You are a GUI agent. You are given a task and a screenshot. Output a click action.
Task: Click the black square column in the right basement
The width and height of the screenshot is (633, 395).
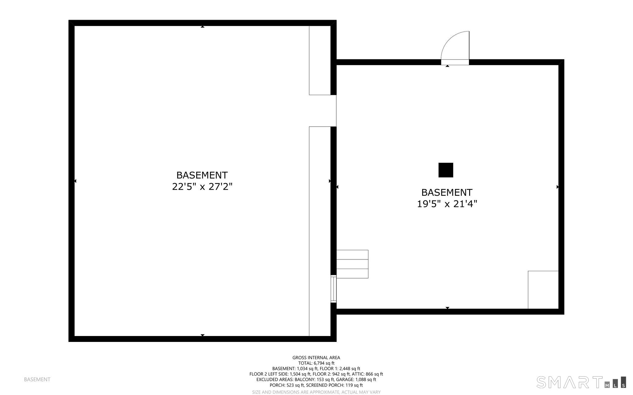[x=446, y=170]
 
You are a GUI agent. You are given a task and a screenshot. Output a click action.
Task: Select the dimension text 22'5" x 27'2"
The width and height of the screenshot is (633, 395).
[x=202, y=187]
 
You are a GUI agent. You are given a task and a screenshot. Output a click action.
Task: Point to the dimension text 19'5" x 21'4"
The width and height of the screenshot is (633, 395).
[x=447, y=204]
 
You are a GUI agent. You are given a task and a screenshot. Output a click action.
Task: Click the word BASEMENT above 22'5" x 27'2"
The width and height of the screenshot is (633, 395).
[x=202, y=175]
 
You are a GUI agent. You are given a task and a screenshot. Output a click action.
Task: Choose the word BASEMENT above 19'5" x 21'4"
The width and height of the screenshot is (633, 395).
[x=447, y=192]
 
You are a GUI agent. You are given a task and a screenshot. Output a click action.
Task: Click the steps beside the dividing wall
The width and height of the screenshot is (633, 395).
[x=352, y=264]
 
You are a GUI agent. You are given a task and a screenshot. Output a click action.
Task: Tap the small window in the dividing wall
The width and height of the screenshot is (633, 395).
[x=333, y=289]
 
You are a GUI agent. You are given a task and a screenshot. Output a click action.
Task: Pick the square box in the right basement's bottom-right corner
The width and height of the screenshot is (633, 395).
[x=543, y=290]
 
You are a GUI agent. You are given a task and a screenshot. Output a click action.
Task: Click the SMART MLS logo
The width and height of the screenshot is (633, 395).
[x=581, y=382]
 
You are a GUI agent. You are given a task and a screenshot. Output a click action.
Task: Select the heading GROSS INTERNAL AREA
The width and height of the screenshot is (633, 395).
[x=316, y=358]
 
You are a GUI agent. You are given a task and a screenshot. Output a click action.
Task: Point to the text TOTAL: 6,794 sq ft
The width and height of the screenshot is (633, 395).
[x=316, y=363]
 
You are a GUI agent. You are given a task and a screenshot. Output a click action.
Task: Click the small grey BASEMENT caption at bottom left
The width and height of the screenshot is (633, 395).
[x=37, y=379]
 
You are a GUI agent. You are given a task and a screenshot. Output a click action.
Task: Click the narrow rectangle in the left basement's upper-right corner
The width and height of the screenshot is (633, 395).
[x=320, y=60]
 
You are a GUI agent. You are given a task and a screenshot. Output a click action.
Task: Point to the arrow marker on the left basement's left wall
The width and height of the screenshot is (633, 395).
[x=75, y=181]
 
